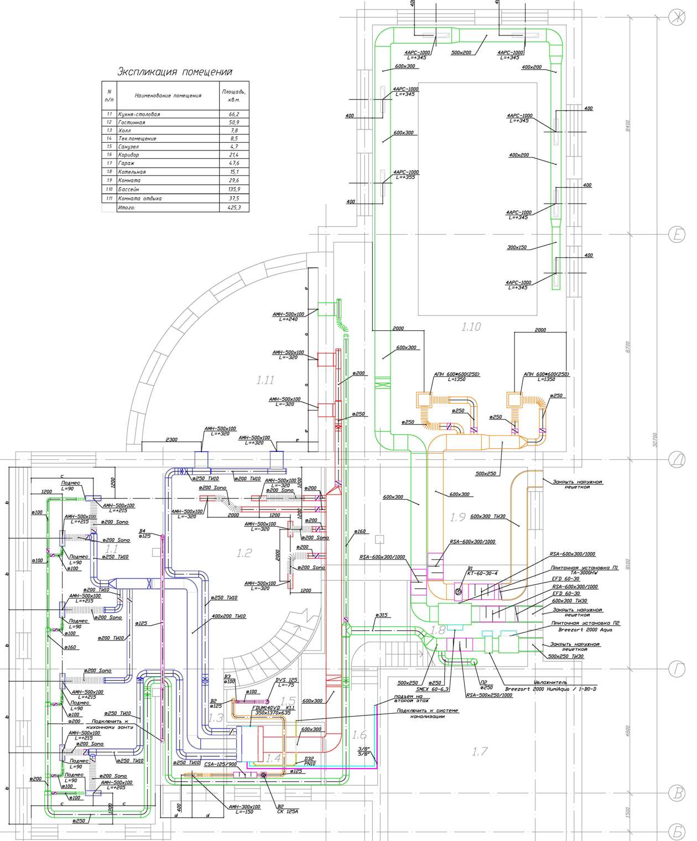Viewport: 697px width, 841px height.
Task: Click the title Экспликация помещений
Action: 174,72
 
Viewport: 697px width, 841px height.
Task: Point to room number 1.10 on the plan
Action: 471,327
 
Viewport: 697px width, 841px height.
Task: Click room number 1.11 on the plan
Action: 266,380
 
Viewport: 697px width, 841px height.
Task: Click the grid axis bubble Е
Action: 676,235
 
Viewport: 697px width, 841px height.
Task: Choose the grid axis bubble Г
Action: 676,669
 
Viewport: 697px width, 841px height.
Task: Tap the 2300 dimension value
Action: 171,439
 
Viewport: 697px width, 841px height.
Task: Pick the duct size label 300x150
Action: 517,247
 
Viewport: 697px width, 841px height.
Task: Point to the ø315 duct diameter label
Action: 381,615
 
